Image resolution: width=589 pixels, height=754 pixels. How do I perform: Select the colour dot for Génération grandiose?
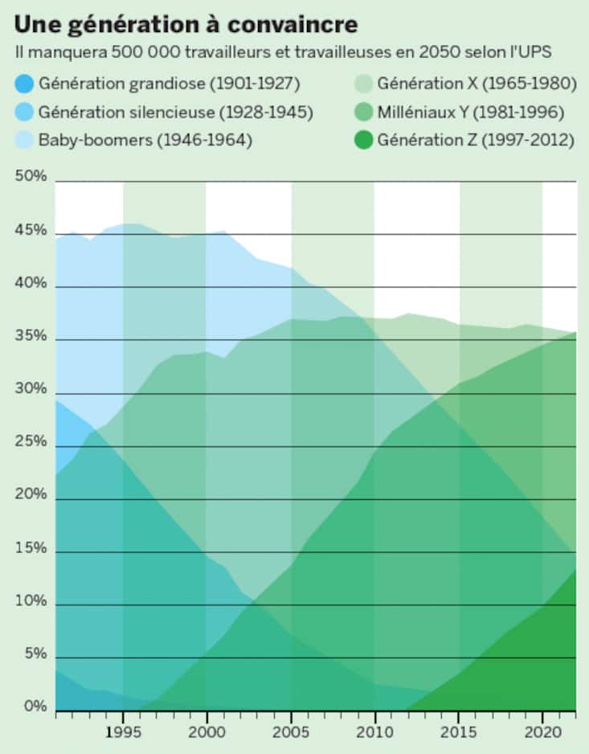coord(24,83)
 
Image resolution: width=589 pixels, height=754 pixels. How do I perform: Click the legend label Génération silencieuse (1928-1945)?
coord(175,112)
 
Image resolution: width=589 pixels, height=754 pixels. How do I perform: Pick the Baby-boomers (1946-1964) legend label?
coord(145,140)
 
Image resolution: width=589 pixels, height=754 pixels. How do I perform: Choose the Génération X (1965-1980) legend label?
coord(475,83)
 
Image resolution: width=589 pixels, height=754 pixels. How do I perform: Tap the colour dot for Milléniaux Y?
coord(364,112)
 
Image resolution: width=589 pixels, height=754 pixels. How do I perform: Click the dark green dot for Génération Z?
coord(364,140)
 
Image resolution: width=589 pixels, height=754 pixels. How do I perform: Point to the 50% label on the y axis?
coord(30,178)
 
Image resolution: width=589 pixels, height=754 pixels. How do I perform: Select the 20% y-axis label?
coord(30,496)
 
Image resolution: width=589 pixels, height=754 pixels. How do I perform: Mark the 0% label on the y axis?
coord(33,707)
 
